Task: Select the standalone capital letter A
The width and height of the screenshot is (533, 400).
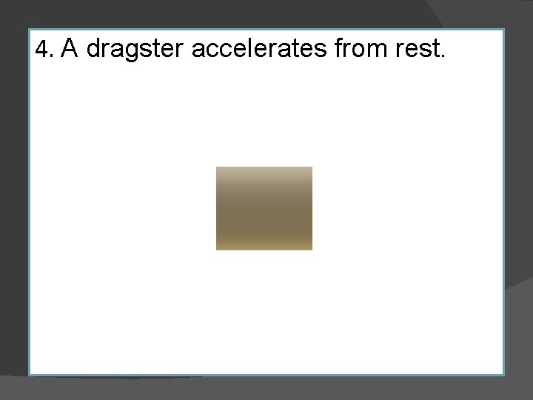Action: pos(70,49)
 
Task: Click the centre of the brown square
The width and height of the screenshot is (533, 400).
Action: pos(264,208)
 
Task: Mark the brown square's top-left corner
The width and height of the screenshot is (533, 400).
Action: pos(216,167)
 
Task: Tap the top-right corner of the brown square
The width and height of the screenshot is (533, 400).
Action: pos(312,167)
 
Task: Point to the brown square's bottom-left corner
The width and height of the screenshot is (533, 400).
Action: pos(216,250)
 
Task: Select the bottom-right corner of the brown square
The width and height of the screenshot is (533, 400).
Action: pos(312,250)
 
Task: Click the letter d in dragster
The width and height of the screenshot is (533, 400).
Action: pos(94,49)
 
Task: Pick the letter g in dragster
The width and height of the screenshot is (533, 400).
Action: pos(127,52)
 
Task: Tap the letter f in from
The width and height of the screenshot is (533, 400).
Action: pos(339,48)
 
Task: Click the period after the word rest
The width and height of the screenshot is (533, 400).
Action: pos(443,57)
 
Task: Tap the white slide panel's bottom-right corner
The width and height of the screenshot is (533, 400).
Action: pos(503,374)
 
